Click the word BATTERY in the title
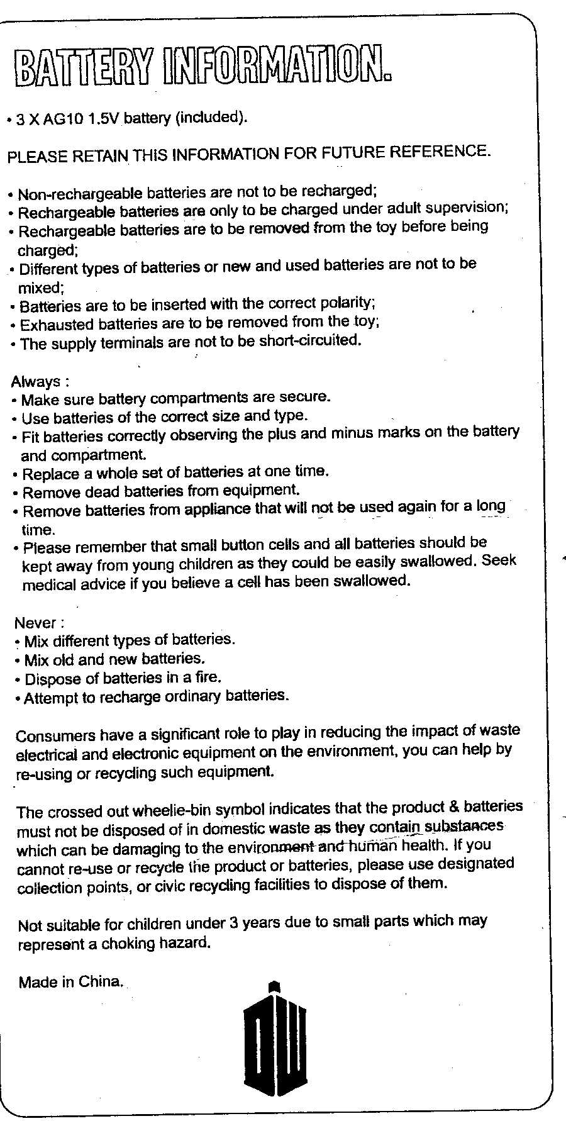click(x=84, y=67)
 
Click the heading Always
click(x=36, y=381)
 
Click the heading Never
click(x=36, y=623)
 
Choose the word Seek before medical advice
click(x=499, y=560)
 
